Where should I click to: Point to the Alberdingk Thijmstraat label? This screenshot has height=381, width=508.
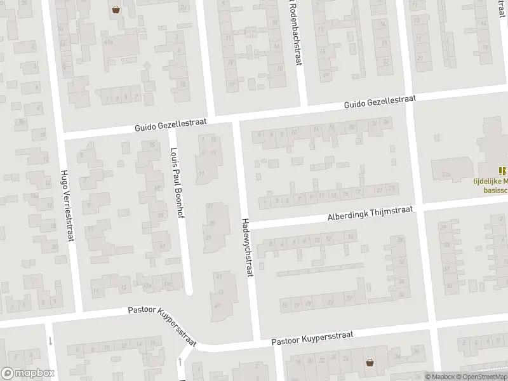tap(370, 213)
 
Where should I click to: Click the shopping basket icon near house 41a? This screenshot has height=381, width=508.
tap(116, 9)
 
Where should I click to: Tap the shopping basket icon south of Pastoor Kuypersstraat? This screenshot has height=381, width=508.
tap(369, 363)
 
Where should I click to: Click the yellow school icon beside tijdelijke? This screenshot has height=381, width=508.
tap(502, 171)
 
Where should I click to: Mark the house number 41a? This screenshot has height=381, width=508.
tap(108, 41)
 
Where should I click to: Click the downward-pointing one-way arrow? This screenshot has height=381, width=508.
tap(50, 341)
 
